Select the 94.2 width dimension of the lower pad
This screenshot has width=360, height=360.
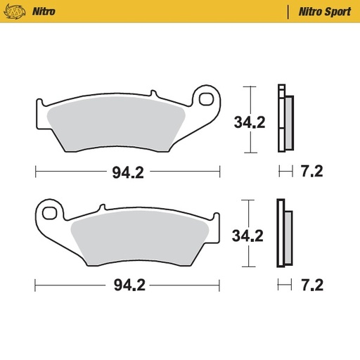click(x=127, y=286)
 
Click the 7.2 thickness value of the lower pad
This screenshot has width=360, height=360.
click(x=311, y=286)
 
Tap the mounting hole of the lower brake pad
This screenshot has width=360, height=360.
click(x=49, y=211)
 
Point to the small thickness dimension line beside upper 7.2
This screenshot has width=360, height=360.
click(x=285, y=172)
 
